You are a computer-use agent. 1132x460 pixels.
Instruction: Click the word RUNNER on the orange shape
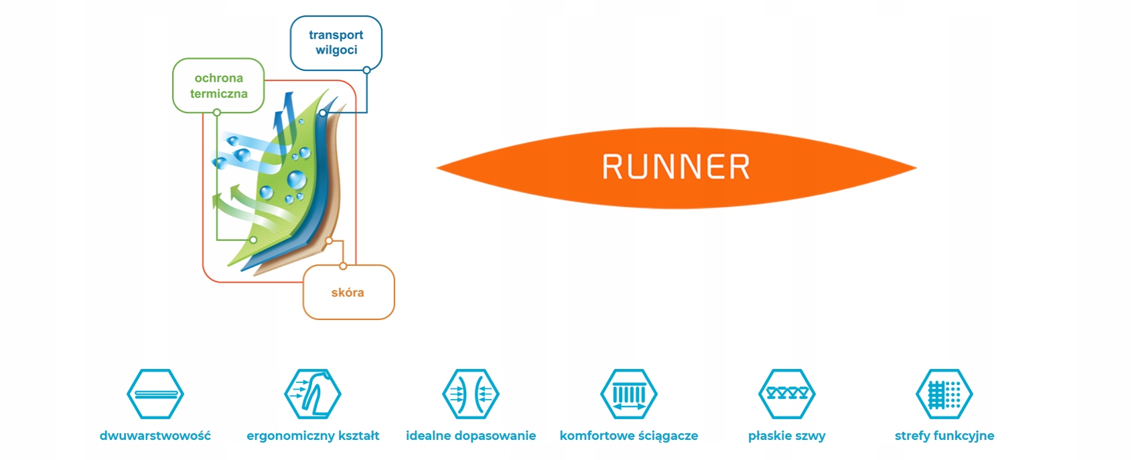[x=676, y=167]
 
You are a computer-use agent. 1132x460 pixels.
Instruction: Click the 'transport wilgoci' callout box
[x=336, y=43]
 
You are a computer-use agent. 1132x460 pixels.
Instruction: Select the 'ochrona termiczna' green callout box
[x=218, y=86]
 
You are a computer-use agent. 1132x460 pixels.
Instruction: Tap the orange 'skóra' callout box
[x=348, y=293]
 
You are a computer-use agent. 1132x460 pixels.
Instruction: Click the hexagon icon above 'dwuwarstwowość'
[x=155, y=394]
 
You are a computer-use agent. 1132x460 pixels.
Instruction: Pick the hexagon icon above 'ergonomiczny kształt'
[x=313, y=394]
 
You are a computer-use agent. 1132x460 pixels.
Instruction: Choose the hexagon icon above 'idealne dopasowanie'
[x=471, y=394]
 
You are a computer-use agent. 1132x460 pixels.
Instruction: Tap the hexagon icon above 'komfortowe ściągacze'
[x=629, y=394]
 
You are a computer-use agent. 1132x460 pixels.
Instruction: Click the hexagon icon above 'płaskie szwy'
[x=787, y=394]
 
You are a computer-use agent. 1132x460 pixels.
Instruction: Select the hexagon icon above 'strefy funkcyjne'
[x=944, y=394]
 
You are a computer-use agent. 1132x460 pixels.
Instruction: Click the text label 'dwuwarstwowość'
[x=155, y=436]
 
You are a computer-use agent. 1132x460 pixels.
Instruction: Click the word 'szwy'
[x=811, y=436]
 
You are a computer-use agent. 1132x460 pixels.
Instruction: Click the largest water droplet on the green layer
[x=296, y=179]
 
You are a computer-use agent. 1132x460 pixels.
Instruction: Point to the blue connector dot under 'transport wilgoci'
[x=366, y=70]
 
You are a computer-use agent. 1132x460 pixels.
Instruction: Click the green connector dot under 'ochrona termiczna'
[x=217, y=112]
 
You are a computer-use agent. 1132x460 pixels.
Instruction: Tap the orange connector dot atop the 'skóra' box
[x=343, y=266]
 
